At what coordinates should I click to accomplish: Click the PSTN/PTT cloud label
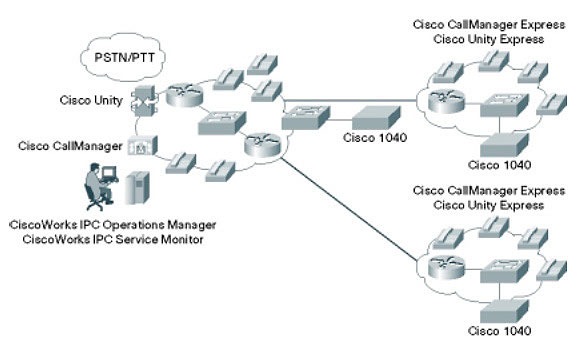point(124,58)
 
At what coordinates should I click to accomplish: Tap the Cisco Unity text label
point(91,100)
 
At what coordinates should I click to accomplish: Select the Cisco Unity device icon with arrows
point(144,101)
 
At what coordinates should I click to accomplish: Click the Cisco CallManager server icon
point(142,145)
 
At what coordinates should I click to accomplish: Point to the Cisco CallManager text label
point(70,146)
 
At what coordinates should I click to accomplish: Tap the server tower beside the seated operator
point(137,188)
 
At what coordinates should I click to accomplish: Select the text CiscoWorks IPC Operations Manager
point(113,225)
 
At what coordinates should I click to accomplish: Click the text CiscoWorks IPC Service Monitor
point(113,239)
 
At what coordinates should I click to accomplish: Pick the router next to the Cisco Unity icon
point(184,95)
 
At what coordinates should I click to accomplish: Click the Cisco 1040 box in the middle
point(376,117)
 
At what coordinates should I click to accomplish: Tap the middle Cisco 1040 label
point(375,138)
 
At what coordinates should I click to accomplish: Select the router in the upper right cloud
point(446,101)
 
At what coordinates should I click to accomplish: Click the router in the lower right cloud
point(446,267)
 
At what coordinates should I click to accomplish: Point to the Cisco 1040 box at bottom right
point(504,311)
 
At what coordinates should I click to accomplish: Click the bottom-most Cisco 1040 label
point(499,331)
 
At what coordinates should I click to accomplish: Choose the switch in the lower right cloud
point(504,271)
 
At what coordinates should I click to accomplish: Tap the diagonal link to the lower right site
point(348,209)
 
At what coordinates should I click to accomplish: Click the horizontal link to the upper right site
point(350,100)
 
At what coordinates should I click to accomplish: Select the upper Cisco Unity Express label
point(489,39)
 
